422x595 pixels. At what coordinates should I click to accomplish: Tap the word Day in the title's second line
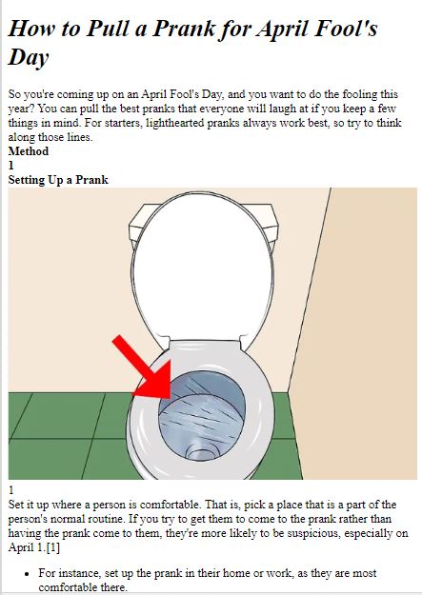pyautogui.click(x=29, y=57)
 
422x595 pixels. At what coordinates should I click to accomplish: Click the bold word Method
pyautogui.click(x=29, y=151)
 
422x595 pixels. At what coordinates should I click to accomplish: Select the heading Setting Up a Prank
pyautogui.click(x=58, y=180)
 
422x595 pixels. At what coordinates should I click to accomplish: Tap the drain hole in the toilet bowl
pyautogui.click(x=203, y=451)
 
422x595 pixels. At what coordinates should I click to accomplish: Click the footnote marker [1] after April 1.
pyautogui.click(x=52, y=548)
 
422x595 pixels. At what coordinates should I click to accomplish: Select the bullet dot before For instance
pyautogui.click(x=26, y=574)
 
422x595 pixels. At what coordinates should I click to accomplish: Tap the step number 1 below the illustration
pyautogui.click(x=11, y=490)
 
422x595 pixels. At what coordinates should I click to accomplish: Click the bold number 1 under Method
pyautogui.click(x=11, y=166)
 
